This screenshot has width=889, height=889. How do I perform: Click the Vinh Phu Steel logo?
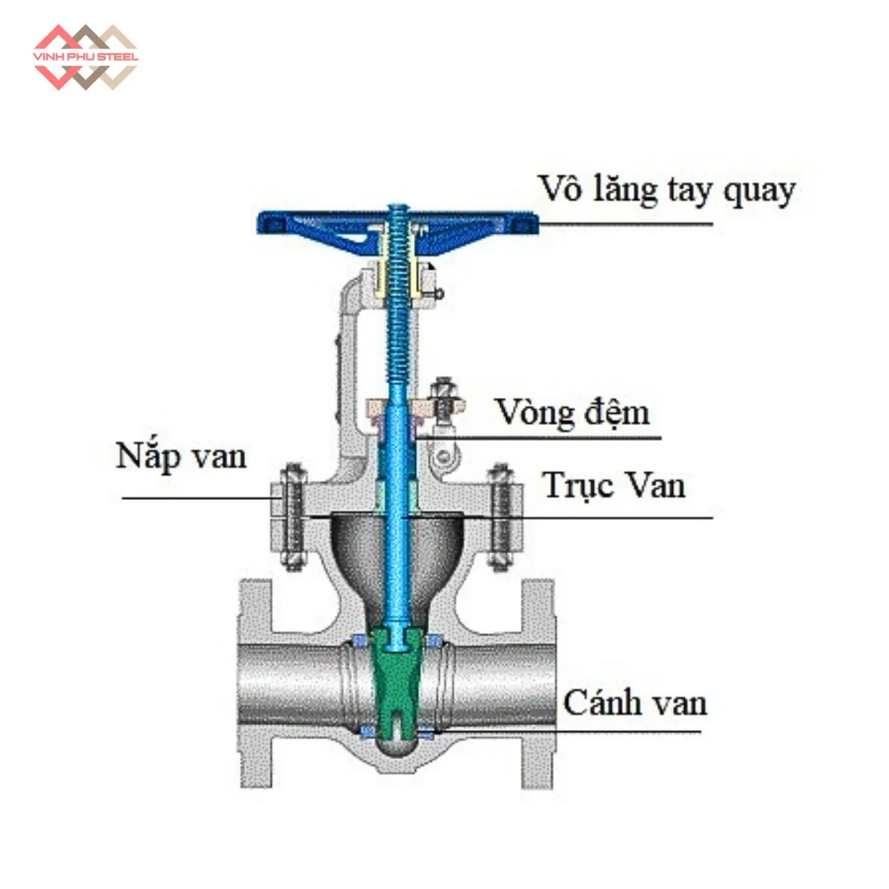point(85,57)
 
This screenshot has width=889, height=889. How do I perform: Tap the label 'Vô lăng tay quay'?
point(666,190)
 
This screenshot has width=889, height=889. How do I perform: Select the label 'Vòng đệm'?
point(572,413)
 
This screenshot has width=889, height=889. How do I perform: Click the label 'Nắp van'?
point(181,456)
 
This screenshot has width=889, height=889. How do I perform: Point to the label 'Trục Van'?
point(614,485)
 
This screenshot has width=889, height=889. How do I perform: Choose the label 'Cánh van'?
point(635,703)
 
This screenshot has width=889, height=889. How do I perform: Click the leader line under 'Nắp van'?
point(198,498)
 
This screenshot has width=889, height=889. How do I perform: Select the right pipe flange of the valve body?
point(538,684)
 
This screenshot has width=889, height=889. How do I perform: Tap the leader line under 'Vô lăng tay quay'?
point(625,224)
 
